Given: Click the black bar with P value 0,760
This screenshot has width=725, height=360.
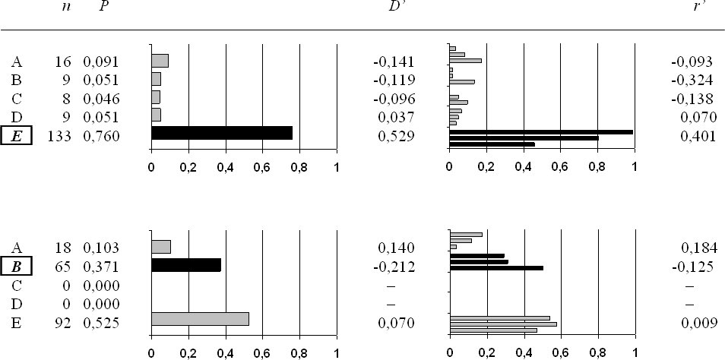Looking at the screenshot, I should (x=222, y=133).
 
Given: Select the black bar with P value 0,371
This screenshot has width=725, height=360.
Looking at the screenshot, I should (x=186, y=265).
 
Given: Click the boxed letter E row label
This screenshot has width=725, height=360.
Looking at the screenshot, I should (x=17, y=136).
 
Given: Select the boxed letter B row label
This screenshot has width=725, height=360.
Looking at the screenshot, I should (x=17, y=267).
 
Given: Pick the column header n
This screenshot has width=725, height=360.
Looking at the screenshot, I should (x=65, y=8).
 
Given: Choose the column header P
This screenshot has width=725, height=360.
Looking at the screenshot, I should (x=103, y=8).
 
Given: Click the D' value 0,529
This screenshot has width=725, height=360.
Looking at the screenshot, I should (x=395, y=136).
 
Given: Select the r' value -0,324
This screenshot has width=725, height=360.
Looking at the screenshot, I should (x=692, y=80).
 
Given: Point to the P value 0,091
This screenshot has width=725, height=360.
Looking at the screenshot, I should (x=101, y=62).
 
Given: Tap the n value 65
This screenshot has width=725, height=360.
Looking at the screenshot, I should (x=66, y=267).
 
